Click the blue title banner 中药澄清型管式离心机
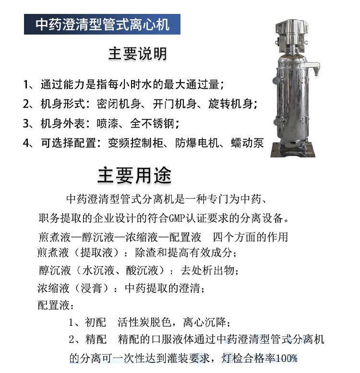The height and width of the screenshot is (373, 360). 102,24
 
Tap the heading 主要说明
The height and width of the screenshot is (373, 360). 138,54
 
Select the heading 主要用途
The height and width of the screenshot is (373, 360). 134,175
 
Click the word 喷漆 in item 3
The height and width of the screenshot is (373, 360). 107,123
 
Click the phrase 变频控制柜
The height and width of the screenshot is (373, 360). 135,143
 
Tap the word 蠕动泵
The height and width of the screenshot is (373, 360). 247,143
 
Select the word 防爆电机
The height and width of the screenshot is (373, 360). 197,143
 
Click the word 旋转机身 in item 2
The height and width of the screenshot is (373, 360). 230,104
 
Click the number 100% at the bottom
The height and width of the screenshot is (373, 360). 287,358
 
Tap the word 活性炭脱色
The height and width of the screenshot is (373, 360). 144,322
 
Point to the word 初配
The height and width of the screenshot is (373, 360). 96,322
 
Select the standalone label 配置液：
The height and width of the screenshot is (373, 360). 56,305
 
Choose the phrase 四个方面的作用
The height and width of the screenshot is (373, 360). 250,237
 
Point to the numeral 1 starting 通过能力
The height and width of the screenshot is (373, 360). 26,84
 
